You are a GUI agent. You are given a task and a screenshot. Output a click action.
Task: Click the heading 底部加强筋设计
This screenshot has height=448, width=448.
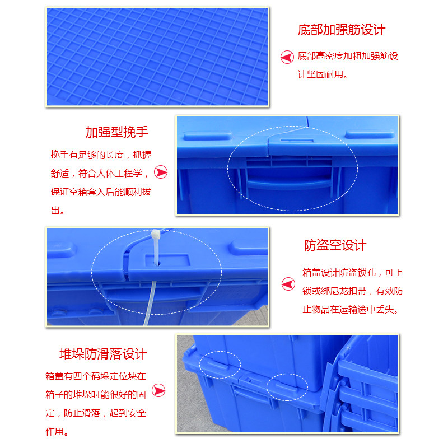point(341,30)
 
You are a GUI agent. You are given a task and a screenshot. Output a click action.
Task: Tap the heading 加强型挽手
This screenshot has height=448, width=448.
point(116,132)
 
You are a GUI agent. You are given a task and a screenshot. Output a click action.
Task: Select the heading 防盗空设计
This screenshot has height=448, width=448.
point(335,245)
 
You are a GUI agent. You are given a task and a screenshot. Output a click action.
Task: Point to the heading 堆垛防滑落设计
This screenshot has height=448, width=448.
point(103,353)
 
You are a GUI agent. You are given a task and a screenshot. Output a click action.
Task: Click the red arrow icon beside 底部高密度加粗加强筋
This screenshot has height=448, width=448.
point(287,57)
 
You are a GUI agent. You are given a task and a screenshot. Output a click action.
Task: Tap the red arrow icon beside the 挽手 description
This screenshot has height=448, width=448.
point(161,172)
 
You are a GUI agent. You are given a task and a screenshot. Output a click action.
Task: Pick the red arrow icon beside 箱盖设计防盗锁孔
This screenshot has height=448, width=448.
point(288,284)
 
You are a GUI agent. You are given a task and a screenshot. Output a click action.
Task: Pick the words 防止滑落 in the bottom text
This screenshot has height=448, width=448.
point(82,413)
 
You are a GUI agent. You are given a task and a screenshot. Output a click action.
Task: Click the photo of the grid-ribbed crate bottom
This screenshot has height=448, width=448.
point(157,57)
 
